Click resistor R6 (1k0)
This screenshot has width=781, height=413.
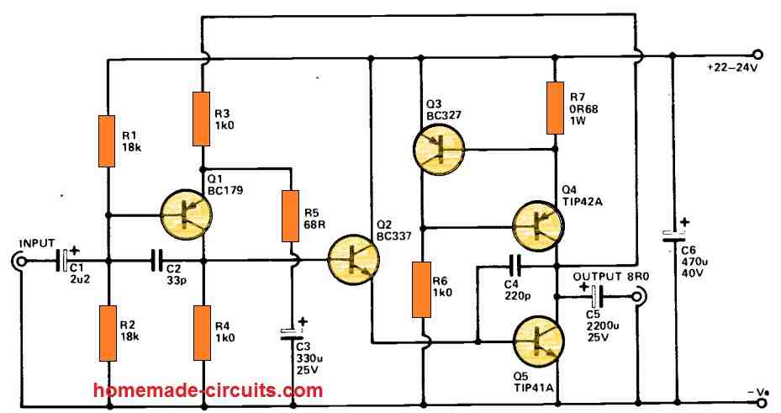(423, 289)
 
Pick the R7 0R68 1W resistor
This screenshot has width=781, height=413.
(554, 108)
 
